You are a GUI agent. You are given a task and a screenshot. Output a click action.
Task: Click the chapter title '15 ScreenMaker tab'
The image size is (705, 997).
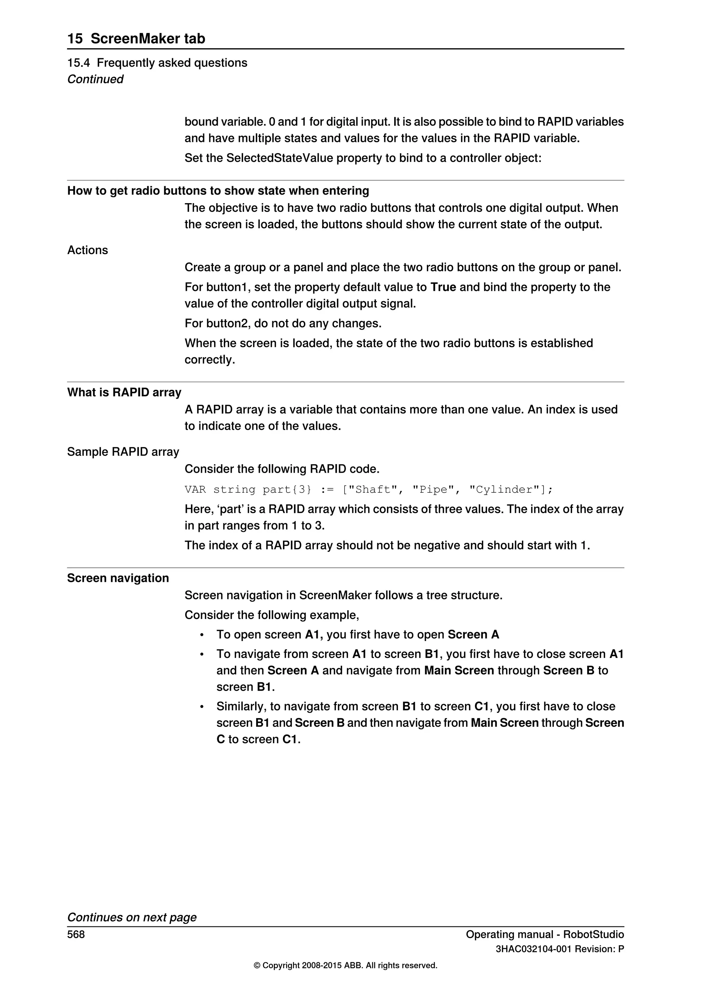136,39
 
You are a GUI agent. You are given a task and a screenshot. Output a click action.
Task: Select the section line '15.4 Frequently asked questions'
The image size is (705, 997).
157,63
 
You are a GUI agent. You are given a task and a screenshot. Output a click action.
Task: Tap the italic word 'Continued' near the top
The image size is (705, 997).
95,80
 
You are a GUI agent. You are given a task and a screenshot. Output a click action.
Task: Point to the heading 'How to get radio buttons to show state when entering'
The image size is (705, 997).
218,191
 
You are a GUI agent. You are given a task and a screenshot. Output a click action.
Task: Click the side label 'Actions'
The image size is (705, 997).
87,251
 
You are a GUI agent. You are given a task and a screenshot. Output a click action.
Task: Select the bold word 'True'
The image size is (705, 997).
443,287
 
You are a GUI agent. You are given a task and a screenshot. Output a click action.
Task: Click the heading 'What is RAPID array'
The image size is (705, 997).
124,392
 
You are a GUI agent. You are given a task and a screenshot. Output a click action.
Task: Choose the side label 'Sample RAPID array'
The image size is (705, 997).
123,452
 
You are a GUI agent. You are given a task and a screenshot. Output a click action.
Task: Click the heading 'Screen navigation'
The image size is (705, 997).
118,578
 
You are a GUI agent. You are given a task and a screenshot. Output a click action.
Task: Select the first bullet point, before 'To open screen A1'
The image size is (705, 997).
202,635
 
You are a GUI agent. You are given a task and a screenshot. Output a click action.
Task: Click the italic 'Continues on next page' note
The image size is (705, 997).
131,917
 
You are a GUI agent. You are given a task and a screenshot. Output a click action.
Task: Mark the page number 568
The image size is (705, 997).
76,934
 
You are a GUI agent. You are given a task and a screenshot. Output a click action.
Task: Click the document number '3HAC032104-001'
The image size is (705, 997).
534,949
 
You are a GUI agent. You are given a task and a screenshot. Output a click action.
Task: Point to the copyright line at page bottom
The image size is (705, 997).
345,966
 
